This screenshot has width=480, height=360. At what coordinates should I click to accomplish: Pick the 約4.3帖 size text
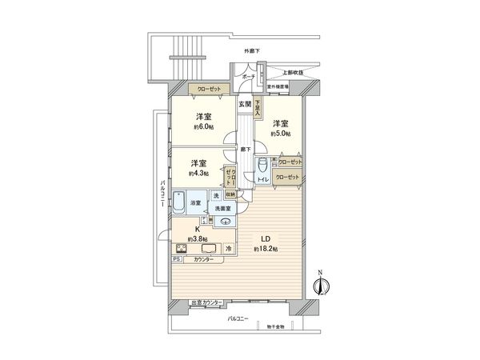tap(198, 172)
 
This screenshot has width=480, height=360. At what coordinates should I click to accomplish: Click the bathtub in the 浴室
tap(180, 202)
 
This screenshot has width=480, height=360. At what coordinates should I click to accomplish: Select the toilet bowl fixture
tap(262, 167)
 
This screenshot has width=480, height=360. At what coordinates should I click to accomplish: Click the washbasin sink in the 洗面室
tap(225, 222)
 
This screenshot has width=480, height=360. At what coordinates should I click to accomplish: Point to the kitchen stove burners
tap(181, 248)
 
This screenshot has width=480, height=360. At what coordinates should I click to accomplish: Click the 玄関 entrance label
tap(246, 104)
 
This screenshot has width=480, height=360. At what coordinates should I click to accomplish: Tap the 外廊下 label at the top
tap(254, 51)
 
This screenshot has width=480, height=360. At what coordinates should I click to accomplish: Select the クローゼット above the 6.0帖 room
tap(205, 90)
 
